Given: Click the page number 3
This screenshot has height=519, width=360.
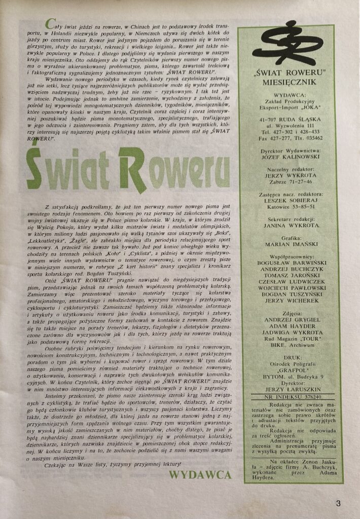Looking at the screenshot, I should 338,503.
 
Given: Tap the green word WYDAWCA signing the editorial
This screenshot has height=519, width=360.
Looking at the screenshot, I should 200,474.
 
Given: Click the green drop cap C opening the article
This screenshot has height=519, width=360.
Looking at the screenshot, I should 50,24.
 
